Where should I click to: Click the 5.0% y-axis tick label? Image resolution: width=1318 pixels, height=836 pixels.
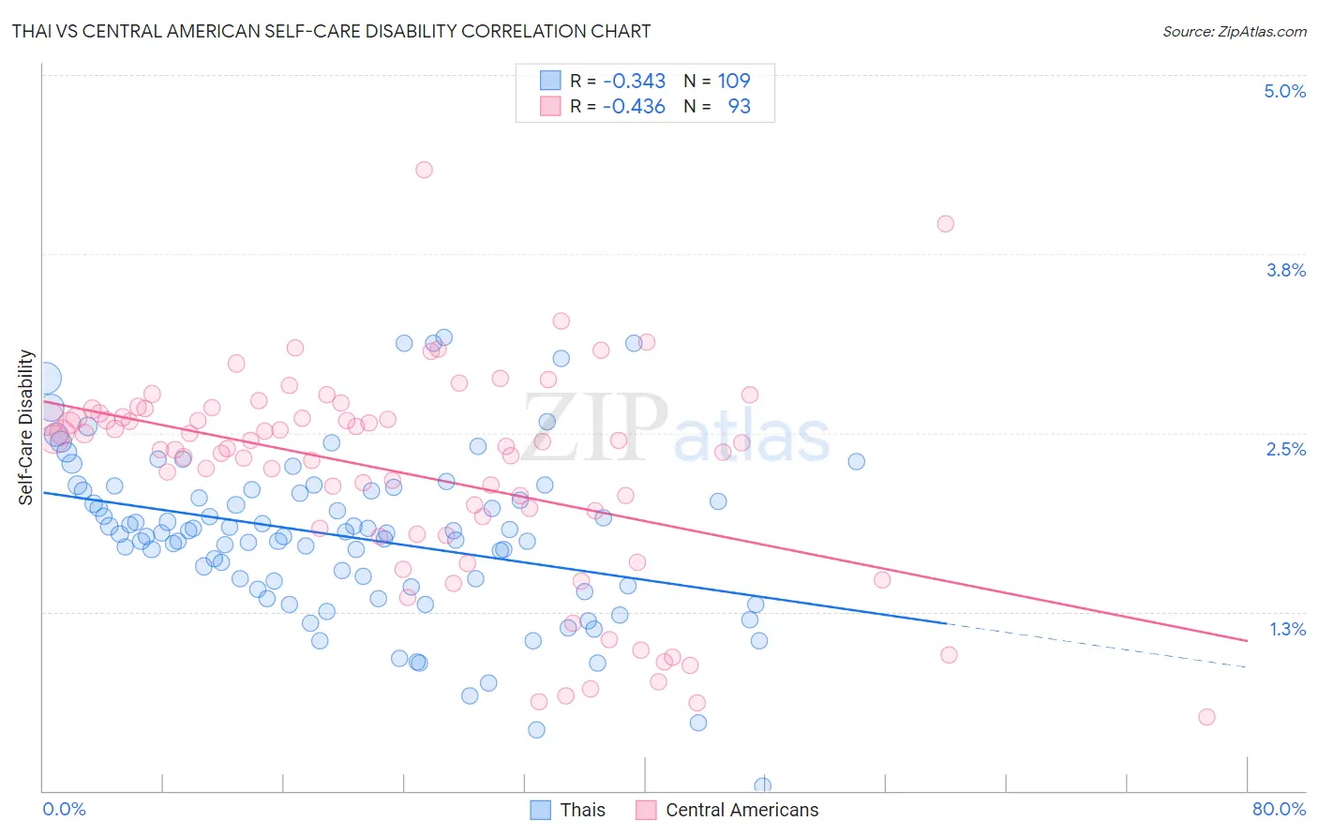pos(1284,91)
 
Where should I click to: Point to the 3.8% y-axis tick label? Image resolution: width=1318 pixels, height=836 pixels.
pos(1285,270)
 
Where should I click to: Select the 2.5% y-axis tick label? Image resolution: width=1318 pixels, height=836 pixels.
pos(1285,449)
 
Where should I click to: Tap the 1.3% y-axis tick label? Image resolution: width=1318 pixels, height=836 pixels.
pos(1287,629)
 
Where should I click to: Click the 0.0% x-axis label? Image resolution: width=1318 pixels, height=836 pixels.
pos(64,809)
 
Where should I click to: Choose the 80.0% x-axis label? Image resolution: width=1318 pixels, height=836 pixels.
pos(1279,809)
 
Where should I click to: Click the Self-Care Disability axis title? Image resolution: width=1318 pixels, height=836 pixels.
pos(26,427)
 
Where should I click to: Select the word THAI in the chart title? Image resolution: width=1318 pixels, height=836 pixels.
pos(33,31)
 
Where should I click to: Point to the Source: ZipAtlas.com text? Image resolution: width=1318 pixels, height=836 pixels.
pos(1234,31)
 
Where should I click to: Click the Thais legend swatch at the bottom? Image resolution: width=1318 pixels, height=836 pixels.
pos(541,810)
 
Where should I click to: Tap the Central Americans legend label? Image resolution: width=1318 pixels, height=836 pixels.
pos(741,810)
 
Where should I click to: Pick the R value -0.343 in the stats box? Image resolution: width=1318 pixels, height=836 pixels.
pos(634,81)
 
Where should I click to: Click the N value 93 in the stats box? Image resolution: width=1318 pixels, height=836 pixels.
pos(739,106)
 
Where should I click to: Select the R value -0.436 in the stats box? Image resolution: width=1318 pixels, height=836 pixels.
pos(634,106)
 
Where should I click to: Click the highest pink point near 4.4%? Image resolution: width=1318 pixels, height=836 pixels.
pos(424,170)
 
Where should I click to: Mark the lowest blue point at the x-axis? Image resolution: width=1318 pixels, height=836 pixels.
pos(762,785)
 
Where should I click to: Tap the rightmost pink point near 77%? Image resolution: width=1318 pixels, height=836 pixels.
pos(1206,717)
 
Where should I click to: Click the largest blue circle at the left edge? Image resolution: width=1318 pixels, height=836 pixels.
pos(45,379)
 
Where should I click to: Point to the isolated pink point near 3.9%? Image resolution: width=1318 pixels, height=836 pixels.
pos(945,224)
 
